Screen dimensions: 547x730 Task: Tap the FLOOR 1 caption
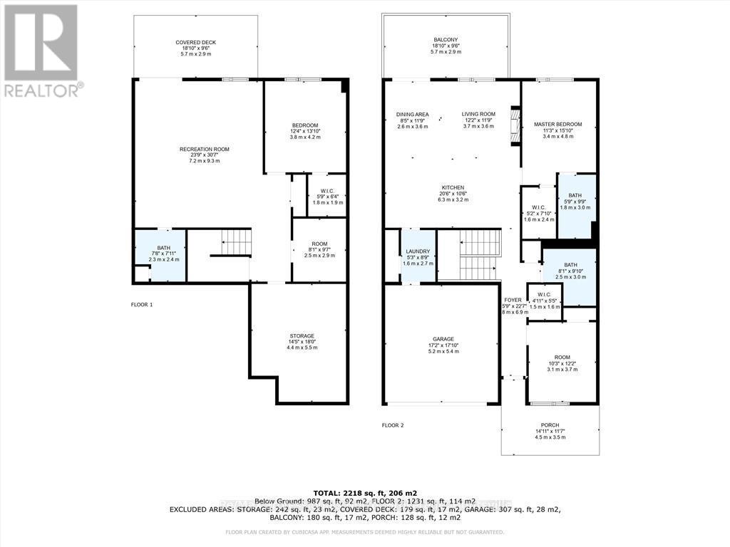click(142, 304)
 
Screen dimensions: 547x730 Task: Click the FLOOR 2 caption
click(393, 425)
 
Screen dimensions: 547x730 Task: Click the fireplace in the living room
click(515, 126)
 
